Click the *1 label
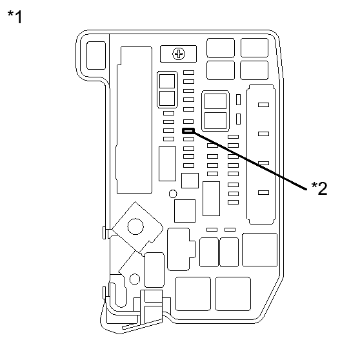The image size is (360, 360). coord(14,17)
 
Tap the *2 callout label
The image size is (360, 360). coord(319,188)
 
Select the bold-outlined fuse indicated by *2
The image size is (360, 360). coord(188,131)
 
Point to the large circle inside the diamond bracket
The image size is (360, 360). coord(135,226)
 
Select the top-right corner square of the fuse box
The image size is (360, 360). coord(254,48)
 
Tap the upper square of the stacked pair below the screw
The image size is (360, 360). coord(166,81)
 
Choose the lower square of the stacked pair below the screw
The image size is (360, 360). coord(166,97)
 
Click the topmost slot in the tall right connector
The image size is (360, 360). coord(263,104)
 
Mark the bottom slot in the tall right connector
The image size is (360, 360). coord(263,192)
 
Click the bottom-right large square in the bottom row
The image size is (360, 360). coord(233,294)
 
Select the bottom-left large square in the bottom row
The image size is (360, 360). coord(193,294)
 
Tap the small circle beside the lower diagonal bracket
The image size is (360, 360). coord(134,279)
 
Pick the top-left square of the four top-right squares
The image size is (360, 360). coord(221,48)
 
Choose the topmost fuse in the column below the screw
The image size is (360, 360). coord(188,73)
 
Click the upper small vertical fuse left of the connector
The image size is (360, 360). coord(239,100)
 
